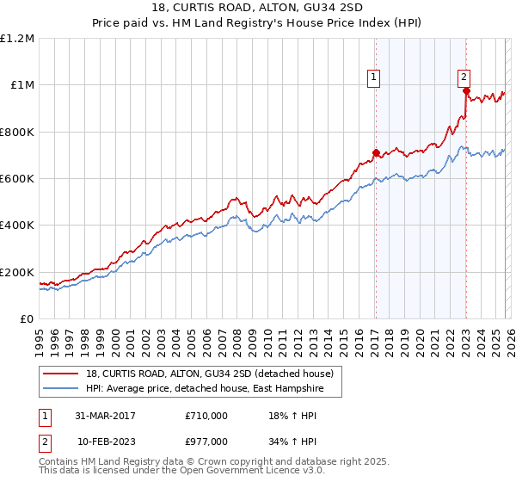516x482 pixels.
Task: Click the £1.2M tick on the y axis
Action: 17,38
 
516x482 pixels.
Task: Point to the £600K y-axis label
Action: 17,179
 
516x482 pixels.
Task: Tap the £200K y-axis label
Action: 17,272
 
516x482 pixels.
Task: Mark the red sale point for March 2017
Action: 376,153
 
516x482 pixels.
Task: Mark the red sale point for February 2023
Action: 465,90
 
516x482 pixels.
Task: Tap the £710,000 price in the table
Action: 206,416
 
